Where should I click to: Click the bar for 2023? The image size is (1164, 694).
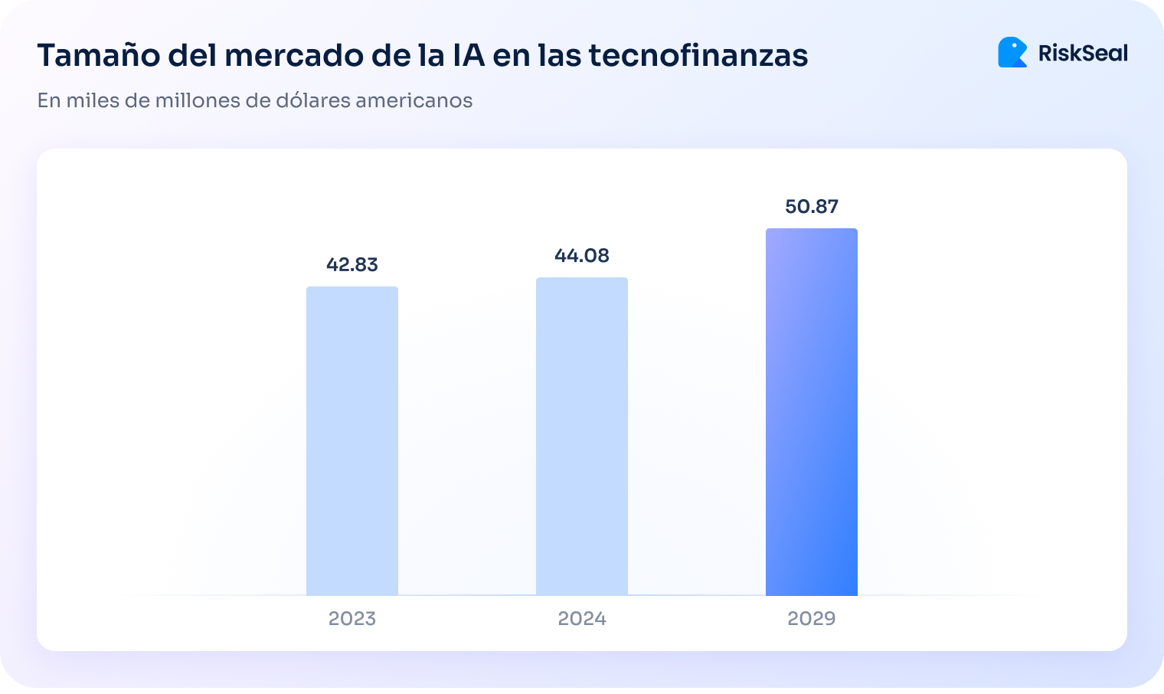[352, 440]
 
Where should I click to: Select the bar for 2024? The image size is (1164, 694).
[582, 436]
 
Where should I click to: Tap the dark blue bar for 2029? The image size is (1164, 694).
[812, 411]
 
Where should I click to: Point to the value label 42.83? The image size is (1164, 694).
[352, 264]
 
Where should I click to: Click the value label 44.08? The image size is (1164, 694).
[582, 255]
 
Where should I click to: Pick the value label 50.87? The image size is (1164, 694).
[812, 206]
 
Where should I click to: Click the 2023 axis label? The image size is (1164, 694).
[352, 618]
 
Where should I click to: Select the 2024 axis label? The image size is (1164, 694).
[582, 618]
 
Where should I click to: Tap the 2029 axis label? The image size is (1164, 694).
[812, 618]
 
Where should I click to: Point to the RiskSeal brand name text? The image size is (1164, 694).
[1083, 53]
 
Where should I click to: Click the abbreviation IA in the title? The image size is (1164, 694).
[463, 56]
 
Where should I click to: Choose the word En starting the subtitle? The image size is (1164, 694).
[48, 100]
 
